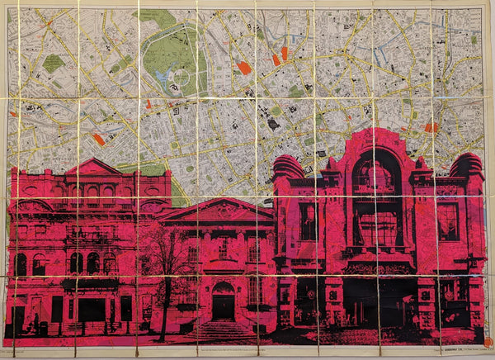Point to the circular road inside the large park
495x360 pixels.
coord(180,79)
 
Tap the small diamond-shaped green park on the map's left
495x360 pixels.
coord(53,63)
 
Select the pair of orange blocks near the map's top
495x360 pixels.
coord(280,56)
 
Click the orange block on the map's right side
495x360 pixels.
coord(431,127)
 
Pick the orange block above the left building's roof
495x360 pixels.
coord(99,139)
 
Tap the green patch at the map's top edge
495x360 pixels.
coord(157,15)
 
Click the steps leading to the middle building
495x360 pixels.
coord(223,329)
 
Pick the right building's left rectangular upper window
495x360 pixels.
coord(308,221)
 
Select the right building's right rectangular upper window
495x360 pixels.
coord(447,221)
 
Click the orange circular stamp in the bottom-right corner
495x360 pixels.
coord(487,341)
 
